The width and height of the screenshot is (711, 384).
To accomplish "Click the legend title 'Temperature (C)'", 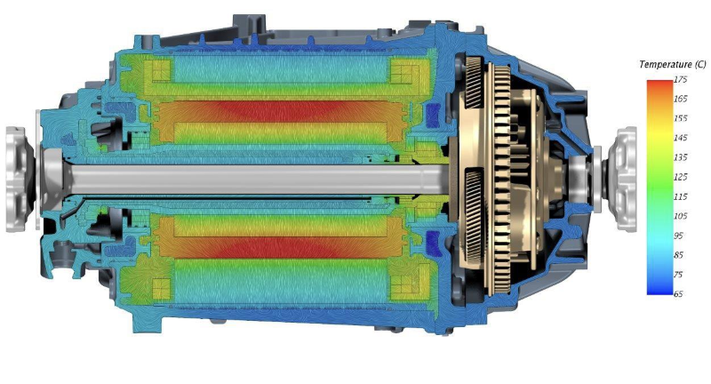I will [673, 65].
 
